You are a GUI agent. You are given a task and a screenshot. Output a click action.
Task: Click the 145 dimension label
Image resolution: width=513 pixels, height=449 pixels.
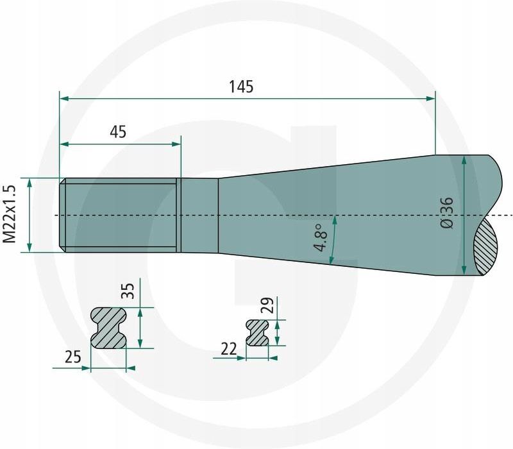[241, 87]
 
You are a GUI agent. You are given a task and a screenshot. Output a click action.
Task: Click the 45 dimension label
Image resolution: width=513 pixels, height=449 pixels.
[118, 132]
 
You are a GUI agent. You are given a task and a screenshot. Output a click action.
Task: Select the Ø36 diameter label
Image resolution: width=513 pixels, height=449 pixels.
[447, 212]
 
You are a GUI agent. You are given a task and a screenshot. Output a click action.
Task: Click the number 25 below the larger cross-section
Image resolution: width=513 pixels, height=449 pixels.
[73, 357]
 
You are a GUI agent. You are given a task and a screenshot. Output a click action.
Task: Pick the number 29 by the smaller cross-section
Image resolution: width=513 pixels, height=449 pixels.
[269, 305]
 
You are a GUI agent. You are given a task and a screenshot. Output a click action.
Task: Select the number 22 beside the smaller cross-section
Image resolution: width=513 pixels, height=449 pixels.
[229, 348]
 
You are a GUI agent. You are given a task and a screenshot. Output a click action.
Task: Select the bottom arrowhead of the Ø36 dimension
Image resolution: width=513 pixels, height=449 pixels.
[464, 271]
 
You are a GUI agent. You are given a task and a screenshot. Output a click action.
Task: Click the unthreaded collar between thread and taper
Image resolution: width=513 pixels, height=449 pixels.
[199, 215]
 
